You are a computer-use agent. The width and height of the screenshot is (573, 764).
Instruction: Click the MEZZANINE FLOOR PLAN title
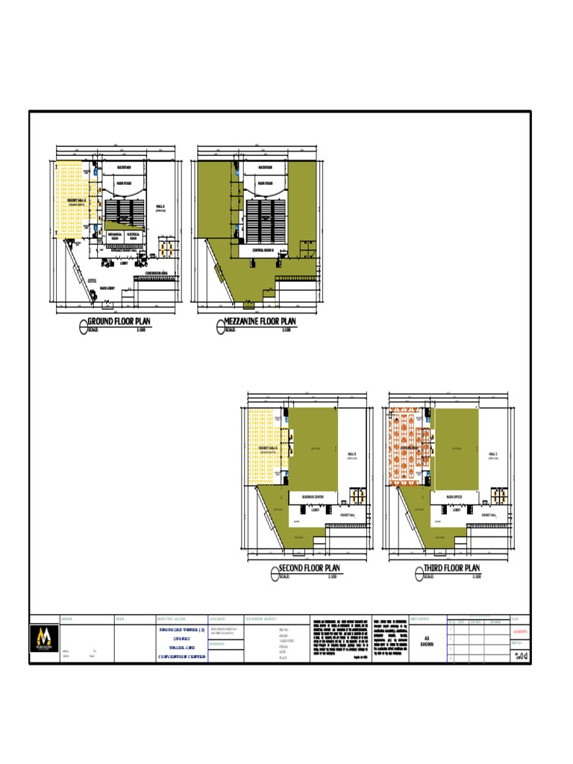click(261, 322)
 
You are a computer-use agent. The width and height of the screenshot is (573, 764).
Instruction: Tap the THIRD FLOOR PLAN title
click(452, 569)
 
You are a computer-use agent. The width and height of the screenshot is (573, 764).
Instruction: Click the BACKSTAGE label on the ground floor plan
click(123, 168)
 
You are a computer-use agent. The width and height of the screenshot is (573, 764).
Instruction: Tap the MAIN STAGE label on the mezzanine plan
click(265, 183)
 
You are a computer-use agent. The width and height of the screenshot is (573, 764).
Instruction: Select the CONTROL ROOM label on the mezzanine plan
click(265, 250)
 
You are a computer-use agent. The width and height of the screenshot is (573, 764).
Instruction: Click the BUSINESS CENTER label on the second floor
click(313, 496)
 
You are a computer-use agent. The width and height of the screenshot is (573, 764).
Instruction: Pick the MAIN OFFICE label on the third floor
click(454, 496)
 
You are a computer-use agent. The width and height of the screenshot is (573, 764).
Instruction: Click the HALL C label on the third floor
click(492, 454)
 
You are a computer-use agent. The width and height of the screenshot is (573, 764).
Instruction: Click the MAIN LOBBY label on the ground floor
click(106, 288)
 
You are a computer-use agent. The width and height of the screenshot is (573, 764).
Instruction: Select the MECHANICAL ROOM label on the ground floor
click(115, 235)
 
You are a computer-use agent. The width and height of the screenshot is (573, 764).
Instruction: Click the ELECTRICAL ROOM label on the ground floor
click(134, 235)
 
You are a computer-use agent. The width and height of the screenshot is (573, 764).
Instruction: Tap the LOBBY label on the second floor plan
click(316, 510)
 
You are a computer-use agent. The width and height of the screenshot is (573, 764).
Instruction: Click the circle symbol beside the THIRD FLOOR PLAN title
click(416, 572)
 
